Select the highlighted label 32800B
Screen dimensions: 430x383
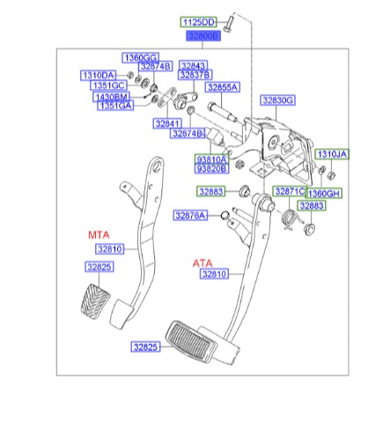pos(202,36)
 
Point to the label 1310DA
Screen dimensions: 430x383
pos(99,75)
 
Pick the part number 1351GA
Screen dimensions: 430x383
pos(114,106)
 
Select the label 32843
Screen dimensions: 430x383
pos(194,66)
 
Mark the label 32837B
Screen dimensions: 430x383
pos(195,76)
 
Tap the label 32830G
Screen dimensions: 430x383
pos(277,100)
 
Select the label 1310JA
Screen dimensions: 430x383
pos(332,154)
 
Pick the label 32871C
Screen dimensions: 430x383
pos(287,191)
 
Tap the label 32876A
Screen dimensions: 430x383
pos(189,215)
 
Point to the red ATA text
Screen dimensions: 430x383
pos(204,263)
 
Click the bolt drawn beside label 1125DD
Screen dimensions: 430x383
pos(227,19)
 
